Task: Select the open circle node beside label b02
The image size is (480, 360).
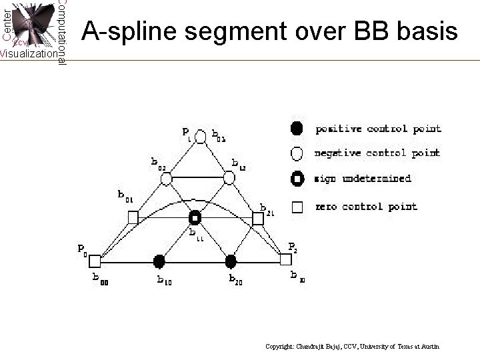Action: coord(167,178)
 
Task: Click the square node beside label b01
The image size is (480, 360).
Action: coord(133,217)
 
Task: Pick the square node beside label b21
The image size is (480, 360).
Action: coord(258,218)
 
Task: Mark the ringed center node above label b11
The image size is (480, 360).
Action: coord(195,218)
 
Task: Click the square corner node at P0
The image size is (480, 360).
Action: coord(95,259)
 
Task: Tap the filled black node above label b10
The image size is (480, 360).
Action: coord(159,259)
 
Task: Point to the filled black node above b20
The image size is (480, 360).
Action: coord(231,259)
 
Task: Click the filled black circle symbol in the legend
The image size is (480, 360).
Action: coord(297,127)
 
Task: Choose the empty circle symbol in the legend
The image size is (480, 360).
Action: coord(297,153)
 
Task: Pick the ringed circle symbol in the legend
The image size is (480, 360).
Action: coord(297,179)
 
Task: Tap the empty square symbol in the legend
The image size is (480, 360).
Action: coord(297,206)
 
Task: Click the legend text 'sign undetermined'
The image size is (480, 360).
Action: coord(363,179)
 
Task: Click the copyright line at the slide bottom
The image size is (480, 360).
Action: coord(352,347)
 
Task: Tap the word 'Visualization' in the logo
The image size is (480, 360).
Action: coord(28,53)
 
